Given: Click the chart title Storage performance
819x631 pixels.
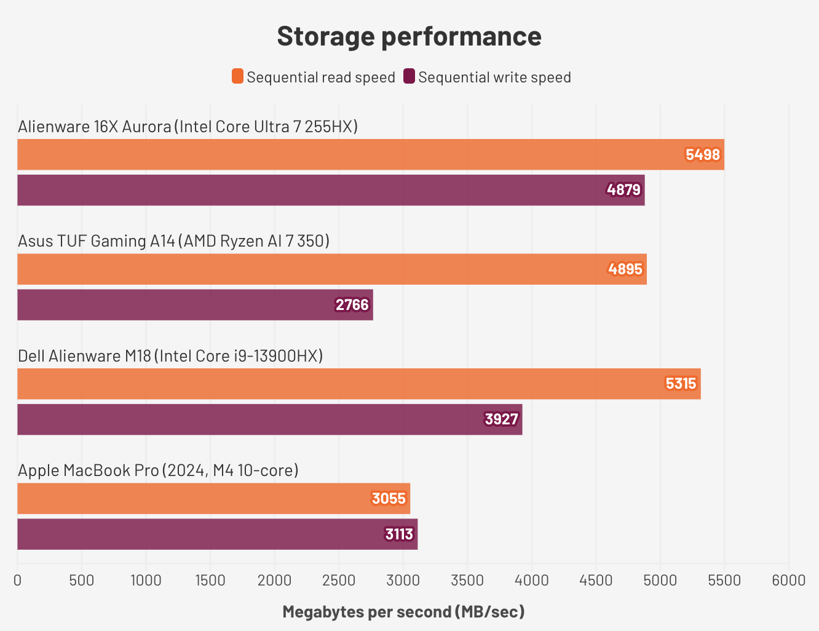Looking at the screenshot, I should click(x=409, y=36).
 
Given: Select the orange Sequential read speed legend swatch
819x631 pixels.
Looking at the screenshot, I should click(x=237, y=76).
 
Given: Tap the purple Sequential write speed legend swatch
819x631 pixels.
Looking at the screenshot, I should click(x=409, y=76).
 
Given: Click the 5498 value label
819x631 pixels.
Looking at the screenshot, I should click(x=702, y=154).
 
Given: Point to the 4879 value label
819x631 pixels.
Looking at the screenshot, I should click(x=623, y=190).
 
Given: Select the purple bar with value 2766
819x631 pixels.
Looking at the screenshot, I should click(x=195, y=305).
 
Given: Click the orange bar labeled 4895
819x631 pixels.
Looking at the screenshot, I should click(x=331, y=269).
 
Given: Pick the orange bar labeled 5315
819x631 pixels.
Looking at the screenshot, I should click(x=358, y=384).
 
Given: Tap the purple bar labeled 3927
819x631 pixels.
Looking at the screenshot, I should click(x=269, y=419).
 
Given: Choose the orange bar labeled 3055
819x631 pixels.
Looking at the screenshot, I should click(x=213, y=498).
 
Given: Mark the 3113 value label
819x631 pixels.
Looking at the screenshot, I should click(x=399, y=534).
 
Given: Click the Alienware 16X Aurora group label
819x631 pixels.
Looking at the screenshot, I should click(x=188, y=127).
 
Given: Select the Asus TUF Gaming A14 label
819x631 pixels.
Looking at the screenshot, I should click(x=173, y=241).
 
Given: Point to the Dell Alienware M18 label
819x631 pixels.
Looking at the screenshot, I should click(x=170, y=355).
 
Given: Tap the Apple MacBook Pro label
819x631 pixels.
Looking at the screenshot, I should click(x=158, y=470).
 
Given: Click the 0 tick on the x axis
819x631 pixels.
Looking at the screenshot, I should click(x=17, y=580).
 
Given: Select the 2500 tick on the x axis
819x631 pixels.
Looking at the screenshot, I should click(x=339, y=580).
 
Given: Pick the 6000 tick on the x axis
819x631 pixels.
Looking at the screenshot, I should click(x=788, y=580).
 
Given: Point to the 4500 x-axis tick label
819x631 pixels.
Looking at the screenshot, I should click(x=596, y=580).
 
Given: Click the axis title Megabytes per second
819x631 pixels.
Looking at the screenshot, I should click(x=403, y=612).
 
